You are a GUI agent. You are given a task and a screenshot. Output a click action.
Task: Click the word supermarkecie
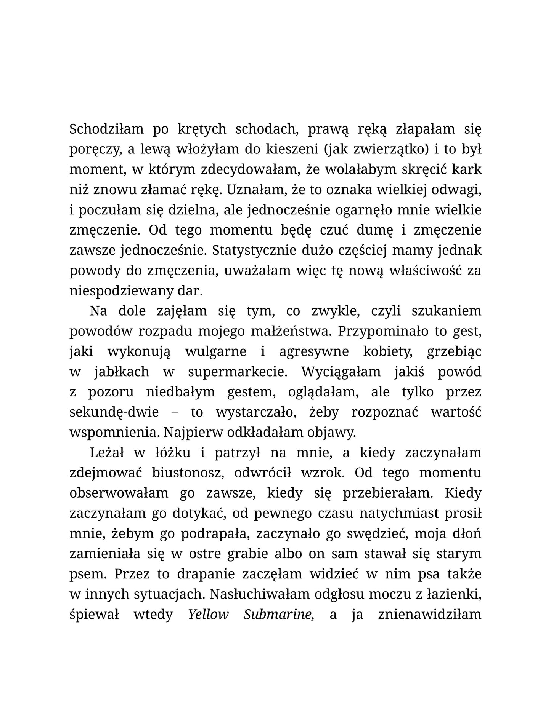[x=238, y=372]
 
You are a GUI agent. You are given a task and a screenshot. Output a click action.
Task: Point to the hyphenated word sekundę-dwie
[x=114, y=412]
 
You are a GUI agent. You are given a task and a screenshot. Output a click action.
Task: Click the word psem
[x=87, y=574]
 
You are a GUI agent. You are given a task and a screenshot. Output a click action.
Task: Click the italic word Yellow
[x=208, y=614]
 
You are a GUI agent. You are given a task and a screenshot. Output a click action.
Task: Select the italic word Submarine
[x=279, y=614]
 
